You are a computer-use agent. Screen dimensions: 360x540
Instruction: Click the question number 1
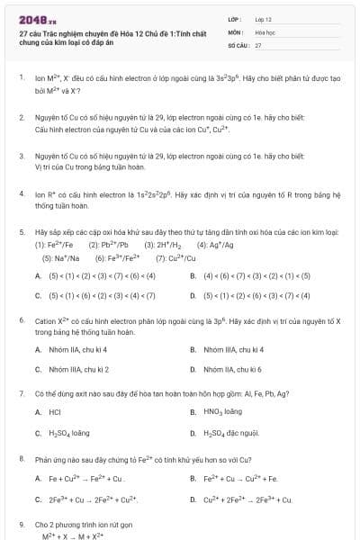(x=21, y=77)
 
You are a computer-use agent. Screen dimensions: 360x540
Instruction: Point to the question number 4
(x=21, y=193)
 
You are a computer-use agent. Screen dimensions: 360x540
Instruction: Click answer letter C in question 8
(x=38, y=499)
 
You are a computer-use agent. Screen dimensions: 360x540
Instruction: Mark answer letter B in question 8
(x=193, y=478)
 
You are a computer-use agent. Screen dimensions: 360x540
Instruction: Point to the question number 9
(x=21, y=523)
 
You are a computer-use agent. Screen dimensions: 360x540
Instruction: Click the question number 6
(x=21, y=320)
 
